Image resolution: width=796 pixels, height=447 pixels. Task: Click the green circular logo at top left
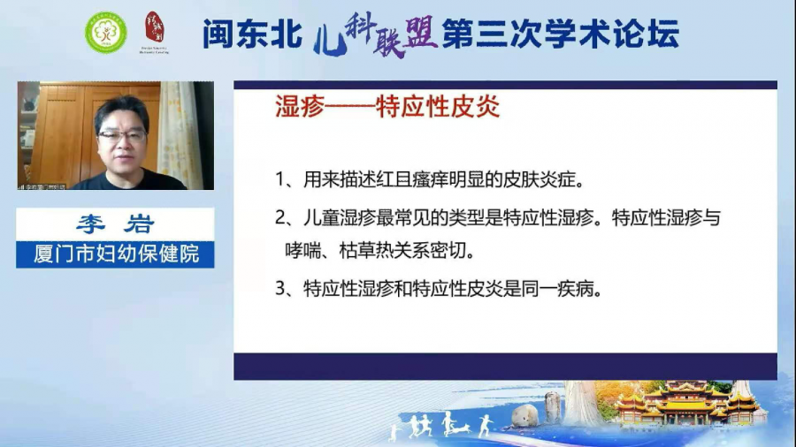pos(105,32)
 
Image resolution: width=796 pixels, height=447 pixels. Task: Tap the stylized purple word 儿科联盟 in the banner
pos(376,35)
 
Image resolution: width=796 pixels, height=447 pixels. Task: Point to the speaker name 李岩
pos(115,224)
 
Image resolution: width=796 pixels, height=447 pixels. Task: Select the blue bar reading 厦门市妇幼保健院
pos(115,254)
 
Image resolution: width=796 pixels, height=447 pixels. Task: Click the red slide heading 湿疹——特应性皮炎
pos(388,107)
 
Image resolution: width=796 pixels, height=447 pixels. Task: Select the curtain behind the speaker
pos(179,133)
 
